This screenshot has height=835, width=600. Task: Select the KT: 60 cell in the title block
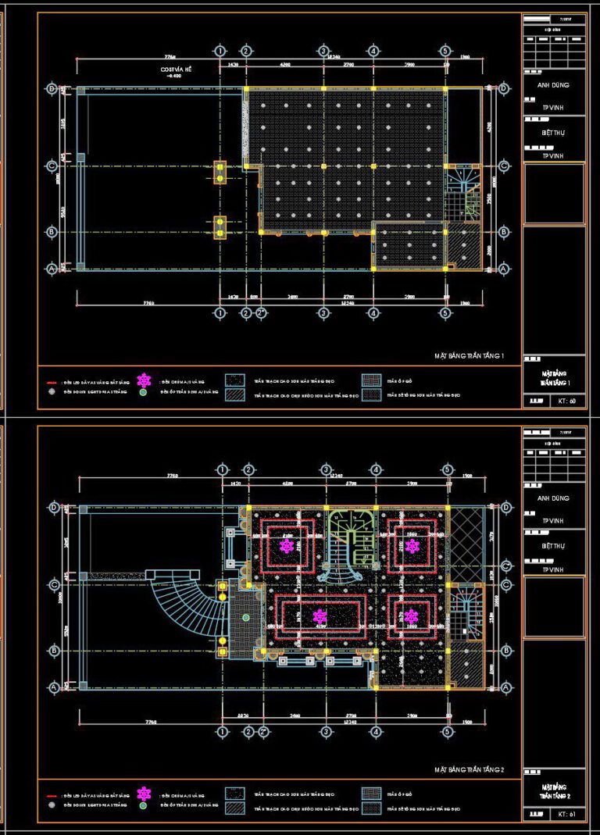pos(567,401)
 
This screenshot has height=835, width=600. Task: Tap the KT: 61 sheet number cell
pos(567,815)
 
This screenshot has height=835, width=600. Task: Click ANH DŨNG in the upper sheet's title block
pos(553,85)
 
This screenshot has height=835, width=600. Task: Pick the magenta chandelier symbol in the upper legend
pos(144,380)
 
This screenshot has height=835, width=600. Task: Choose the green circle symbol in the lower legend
pos(144,805)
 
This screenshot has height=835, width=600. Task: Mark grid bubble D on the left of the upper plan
pos(52,89)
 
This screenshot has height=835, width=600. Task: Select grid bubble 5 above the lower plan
pos(447,469)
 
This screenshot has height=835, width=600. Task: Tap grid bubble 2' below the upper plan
pos(262,313)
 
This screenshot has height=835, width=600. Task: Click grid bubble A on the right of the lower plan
pos(505,687)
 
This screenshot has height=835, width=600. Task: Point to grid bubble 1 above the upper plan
pos(220,51)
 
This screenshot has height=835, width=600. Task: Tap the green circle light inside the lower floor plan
pos(246,617)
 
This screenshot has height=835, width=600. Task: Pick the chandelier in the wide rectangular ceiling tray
pos(320,616)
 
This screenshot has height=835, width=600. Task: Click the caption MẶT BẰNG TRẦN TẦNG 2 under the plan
pos(470,770)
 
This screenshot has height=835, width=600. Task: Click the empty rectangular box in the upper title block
pos(553,194)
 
